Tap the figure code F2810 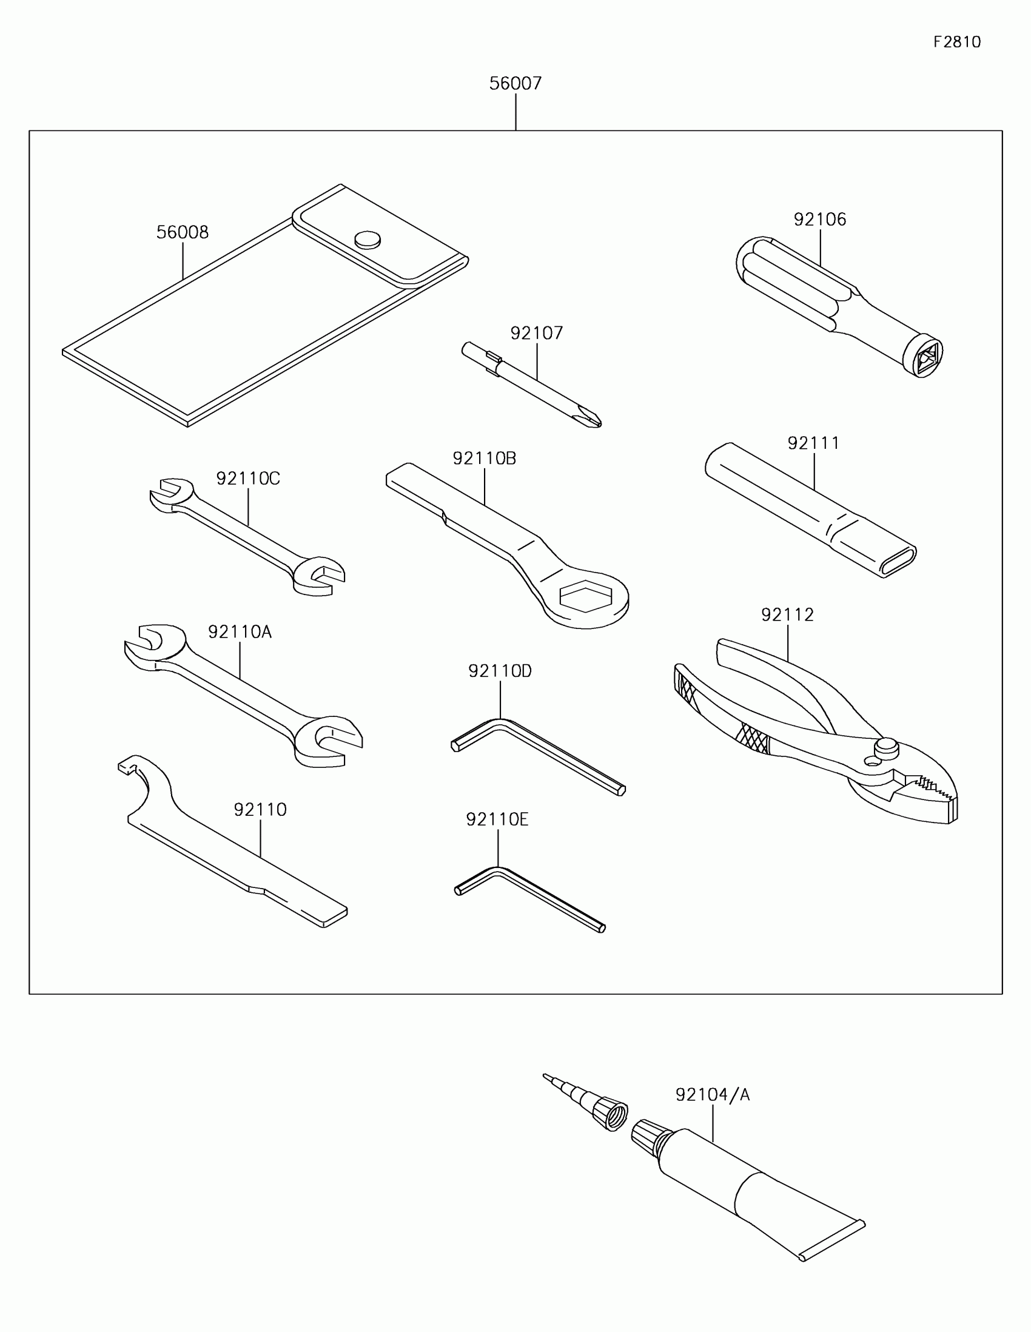click(x=956, y=42)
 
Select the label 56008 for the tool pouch click(x=183, y=232)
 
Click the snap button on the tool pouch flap click(x=368, y=240)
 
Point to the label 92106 click(x=820, y=220)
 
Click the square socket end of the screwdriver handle click(x=924, y=356)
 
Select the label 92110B click(x=484, y=459)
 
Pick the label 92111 click(x=813, y=443)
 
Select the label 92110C click(x=248, y=479)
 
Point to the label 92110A click(x=240, y=632)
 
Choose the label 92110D click(x=500, y=671)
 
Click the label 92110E click(x=497, y=819)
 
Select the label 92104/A click(x=712, y=1095)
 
